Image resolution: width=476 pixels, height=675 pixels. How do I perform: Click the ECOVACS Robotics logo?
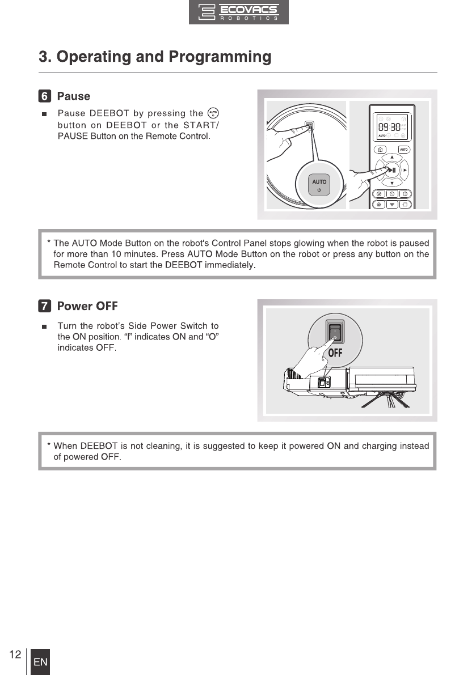(238, 12)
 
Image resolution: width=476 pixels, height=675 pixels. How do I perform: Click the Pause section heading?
(74, 96)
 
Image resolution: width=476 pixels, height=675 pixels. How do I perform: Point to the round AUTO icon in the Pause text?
(213, 113)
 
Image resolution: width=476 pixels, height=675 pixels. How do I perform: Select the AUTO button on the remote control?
(403, 150)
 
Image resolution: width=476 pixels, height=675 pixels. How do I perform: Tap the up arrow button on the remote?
(391, 157)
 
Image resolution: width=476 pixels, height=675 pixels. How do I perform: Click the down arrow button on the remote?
(391, 183)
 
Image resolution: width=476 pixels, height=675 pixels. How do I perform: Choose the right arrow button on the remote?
(405, 170)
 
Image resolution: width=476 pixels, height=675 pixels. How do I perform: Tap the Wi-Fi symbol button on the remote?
(391, 204)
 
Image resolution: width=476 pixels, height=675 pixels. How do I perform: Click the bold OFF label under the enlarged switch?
(335, 353)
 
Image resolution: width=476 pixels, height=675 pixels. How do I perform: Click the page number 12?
(15, 655)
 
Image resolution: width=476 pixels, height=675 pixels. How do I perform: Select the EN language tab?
(40, 663)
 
